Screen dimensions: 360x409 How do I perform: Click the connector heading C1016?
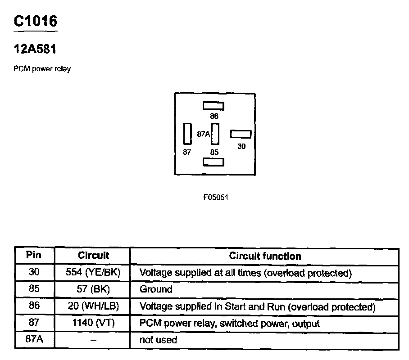click(x=36, y=21)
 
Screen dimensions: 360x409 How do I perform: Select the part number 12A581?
click(x=35, y=49)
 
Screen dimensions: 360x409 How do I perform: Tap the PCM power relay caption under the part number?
click(x=42, y=69)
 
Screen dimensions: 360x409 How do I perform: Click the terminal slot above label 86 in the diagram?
click(x=214, y=106)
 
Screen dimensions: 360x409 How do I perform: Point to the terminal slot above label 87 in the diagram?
click(x=187, y=134)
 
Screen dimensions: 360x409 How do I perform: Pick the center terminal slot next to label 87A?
click(x=215, y=134)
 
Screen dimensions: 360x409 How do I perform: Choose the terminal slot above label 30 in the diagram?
click(x=241, y=134)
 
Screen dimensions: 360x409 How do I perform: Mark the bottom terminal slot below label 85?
click(x=214, y=162)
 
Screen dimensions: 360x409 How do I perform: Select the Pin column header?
click(x=34, y=256)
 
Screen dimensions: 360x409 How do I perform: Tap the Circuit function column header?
click(x=265, y=256)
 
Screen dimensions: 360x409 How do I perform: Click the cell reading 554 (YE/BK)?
click(x=93, y=273)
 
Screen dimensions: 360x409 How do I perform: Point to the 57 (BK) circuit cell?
click(x=93, y=289)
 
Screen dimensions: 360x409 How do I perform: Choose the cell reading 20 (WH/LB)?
click(x=93, y=306)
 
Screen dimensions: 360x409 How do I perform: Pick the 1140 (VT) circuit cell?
click(x=93, y=323)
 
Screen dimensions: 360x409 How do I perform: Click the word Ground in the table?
click(x=156, y=289)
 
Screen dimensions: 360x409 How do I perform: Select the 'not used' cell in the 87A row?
click(x=158, y=340)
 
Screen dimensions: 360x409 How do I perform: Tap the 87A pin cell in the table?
click(x=34, y=340)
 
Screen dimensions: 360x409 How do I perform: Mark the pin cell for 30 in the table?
click(x=34, y=273)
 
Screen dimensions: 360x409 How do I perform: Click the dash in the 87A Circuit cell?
click(x=93, y=340)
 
